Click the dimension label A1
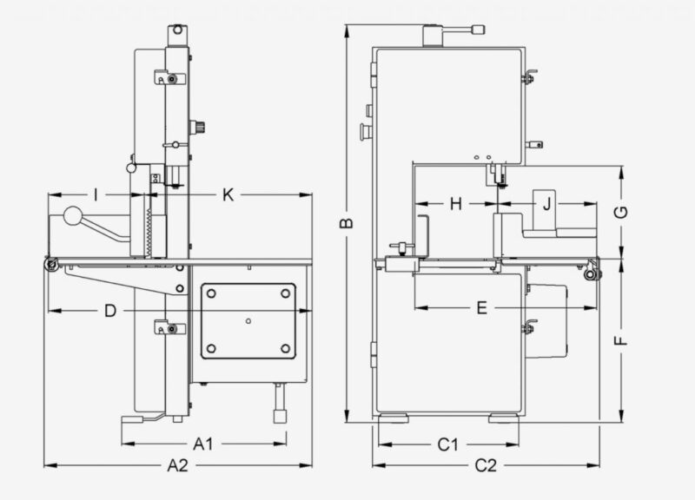pos(203,444)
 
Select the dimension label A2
pos(177,466)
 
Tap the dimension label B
pos(346,223)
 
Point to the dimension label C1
pos(447,444)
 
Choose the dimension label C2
pos(486,466)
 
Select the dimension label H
pos(456,205)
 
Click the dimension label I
pos(95,194)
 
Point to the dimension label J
pos(546,205)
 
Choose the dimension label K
pos(228,194)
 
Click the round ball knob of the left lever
pos(71,214)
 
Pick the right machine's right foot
pos(502,418)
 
